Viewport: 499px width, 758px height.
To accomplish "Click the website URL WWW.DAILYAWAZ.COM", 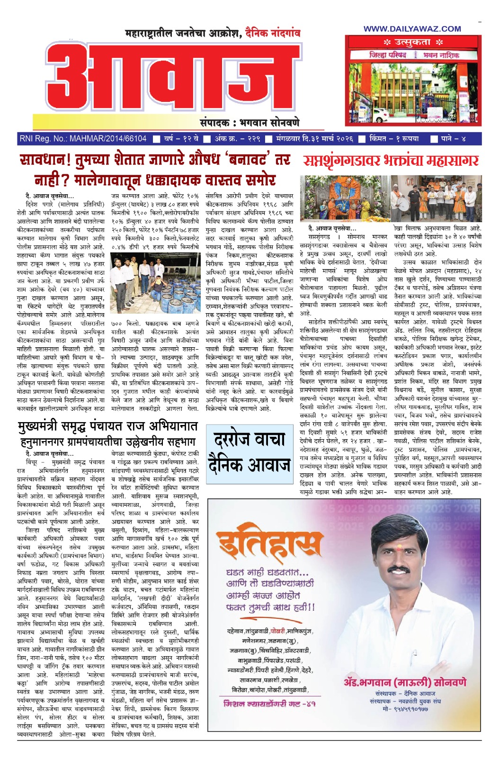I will click(x=412, y=29).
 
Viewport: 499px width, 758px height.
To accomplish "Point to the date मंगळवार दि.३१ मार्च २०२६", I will click(x=315, y=139).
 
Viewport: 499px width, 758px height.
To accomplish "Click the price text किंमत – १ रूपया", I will click(x=394, y=139).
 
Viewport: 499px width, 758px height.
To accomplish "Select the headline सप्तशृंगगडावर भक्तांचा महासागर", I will click(x=391, y=161).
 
